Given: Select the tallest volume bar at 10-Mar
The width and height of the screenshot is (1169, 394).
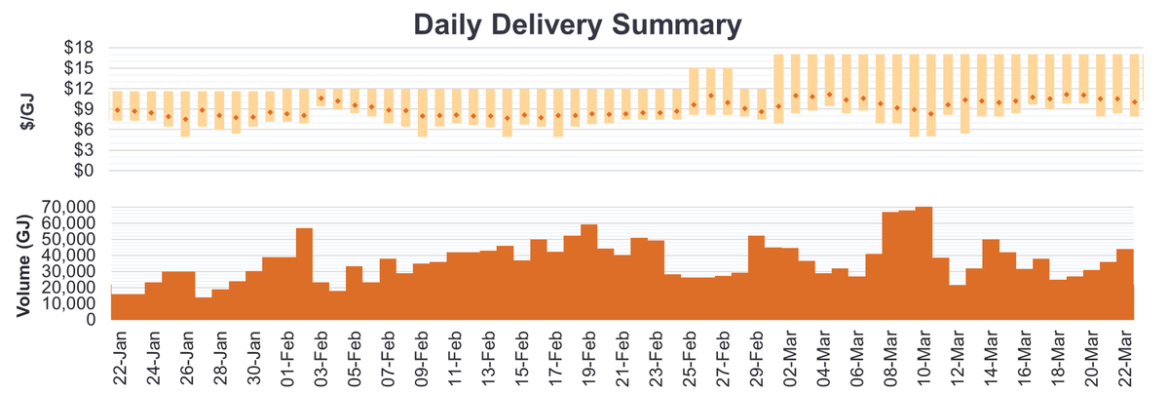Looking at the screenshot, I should click(924, 263).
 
